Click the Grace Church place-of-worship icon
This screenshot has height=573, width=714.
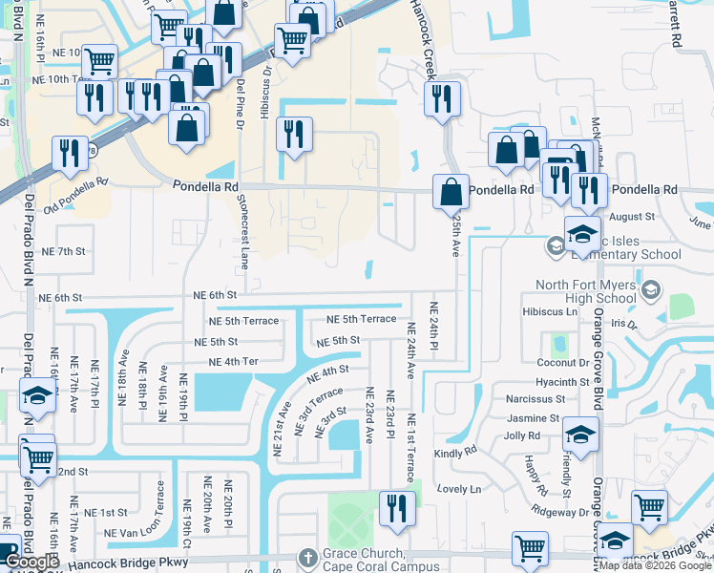tap(306, 556)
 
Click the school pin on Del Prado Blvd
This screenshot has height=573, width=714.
tap(36, 397)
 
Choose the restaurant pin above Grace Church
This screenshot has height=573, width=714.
tap(397, 508)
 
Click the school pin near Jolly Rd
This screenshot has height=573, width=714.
tap(579, 435)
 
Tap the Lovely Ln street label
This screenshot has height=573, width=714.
tap(462, 488)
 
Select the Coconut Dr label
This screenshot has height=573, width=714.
tap(562, 363)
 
